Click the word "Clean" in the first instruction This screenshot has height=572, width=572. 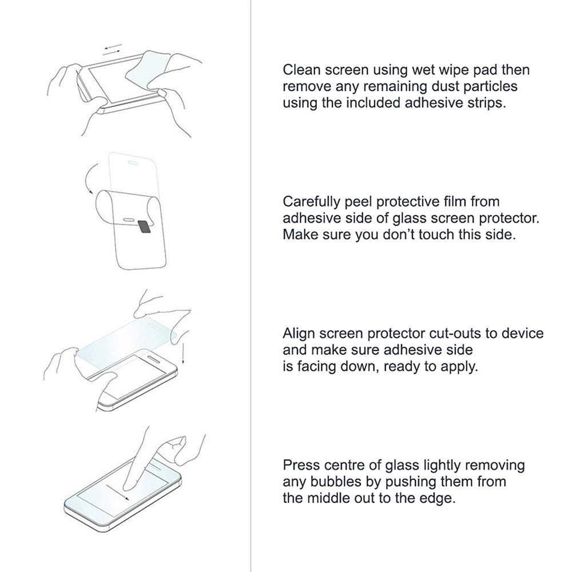[301, 70]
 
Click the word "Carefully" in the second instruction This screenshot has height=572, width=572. [311, 202]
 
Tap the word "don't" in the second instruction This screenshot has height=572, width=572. [399, 235]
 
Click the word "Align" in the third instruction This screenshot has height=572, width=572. [297, 333]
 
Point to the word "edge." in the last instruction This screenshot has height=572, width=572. [439, 498]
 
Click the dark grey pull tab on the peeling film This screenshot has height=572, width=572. [145, 227]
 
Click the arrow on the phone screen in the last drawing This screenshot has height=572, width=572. [117, 492]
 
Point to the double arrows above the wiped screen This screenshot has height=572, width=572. [112, 50]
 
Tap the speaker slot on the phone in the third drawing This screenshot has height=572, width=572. [153, 358]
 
